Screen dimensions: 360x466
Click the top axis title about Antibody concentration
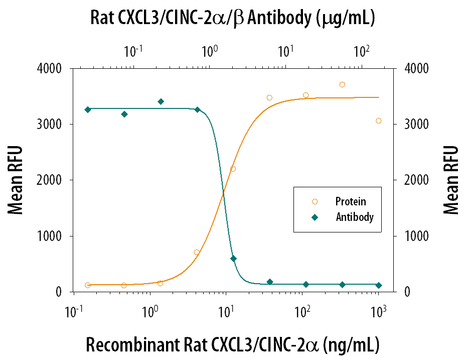[x=233, y=18]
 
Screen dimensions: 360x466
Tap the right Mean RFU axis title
[x=451, y=180]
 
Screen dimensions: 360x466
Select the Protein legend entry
[x=350, y=202]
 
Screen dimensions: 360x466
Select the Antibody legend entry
[x=354, y=217]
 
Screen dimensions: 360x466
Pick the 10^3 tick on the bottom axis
[x=378, y=312]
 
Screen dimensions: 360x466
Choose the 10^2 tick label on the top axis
[x=361, y=50]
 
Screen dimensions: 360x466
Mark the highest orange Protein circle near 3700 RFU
[x=342, y=84]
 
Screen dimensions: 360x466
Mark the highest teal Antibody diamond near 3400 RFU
[x=161, y=101]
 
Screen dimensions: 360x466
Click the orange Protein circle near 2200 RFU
[x=233, y=169]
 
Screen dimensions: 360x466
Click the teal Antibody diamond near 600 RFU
[x=233, y=259]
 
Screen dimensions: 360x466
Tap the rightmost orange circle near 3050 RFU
[x=379, y=121]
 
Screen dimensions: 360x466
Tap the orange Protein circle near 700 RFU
[x=197, y=252]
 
